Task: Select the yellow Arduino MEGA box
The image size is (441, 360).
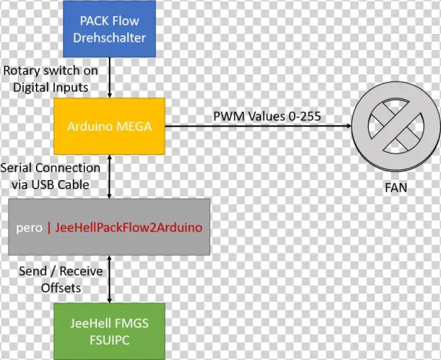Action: (110, 126)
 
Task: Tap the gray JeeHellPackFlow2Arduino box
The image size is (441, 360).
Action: (110, 228)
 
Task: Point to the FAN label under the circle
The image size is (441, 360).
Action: (396, 187)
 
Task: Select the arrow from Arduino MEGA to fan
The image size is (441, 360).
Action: (257, 126)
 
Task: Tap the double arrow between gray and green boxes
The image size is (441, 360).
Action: (110, 279)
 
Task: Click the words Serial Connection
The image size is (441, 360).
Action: (51, 168)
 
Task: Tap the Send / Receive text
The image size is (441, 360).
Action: (60, 273)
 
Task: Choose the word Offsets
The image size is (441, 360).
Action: (60, 288)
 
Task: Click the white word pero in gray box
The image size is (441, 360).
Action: (29, 228)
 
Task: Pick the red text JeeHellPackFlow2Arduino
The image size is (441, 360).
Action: (128, 228)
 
